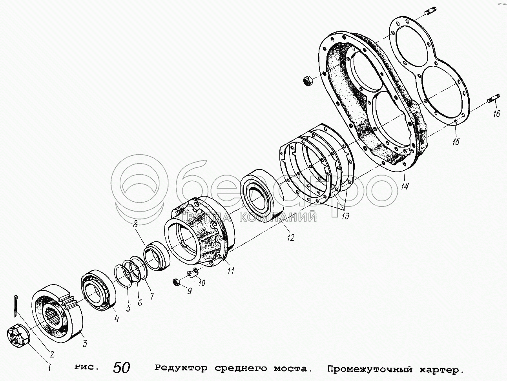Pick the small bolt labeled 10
point(192,272)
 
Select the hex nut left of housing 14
point(308,80)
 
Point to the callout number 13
point(345,216)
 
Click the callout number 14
point(405,186)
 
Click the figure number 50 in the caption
point(122,368)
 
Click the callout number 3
point(85,344)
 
